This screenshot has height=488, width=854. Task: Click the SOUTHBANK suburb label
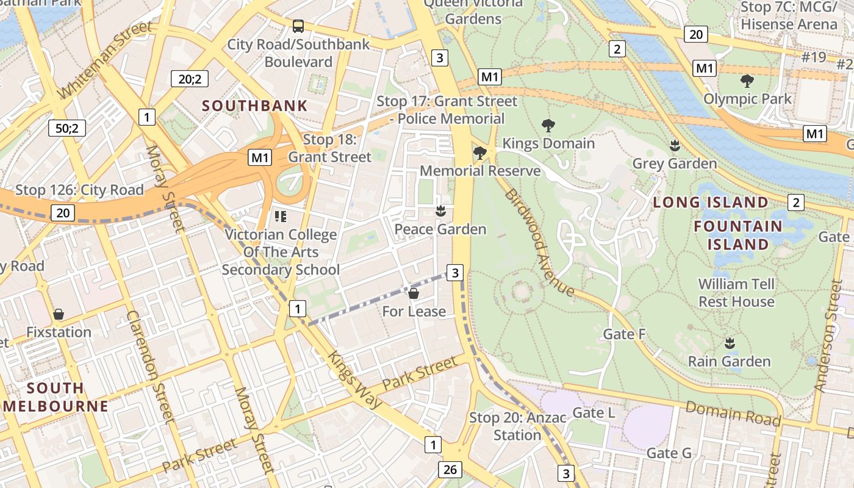[x=254, y=106]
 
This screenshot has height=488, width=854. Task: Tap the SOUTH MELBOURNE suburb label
[x=56, y=397]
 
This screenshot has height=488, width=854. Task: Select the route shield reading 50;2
[x=67, y=128]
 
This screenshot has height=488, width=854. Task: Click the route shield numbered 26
[x=450, y=470]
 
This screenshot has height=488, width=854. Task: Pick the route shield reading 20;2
[x=190, y=78]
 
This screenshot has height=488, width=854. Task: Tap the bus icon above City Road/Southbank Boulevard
[x=298, y=26]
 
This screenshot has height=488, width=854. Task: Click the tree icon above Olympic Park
[x=747, y=81]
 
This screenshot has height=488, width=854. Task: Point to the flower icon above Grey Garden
[x=675, y=145]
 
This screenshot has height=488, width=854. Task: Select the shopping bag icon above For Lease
[x=414, y=293]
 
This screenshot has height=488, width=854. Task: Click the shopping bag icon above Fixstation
[x=59, y=314]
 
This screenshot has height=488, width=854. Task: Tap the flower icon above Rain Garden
[x=729, y=343]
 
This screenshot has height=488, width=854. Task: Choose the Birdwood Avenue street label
[x=539, y=242]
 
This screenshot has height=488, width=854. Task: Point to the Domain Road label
[x=733, y=414]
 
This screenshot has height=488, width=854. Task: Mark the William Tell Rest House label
[x=736, y=293]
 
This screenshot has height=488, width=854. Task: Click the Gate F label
[x=624, y=334]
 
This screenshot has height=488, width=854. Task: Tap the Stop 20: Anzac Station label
[x=517, y=426]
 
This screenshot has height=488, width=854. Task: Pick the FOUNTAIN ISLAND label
[x=738, y=235]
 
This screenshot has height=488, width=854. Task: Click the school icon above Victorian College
[x=281, y=216]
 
